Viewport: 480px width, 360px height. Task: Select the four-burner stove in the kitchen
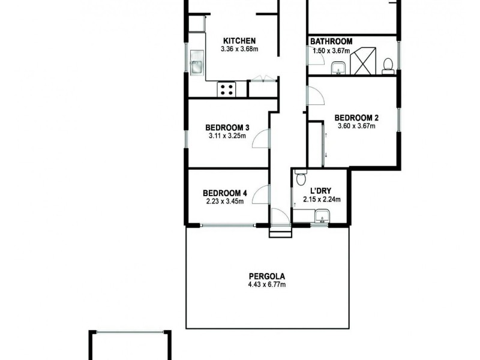[x=227, y=89]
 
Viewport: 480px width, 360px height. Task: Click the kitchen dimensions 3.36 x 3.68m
[x=239, y=49]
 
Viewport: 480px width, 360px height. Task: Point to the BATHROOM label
[x=331, y=41]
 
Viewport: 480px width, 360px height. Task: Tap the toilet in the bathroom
[x=388, y=64]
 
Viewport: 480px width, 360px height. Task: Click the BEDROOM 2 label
[x=356, y=118]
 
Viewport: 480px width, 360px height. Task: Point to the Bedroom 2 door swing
[x=315, y=97]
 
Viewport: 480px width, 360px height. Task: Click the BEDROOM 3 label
[x=227, y=127]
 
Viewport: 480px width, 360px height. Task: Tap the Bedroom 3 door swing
[x=261, y=139]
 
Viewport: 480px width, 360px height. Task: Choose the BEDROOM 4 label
[x=224, y=193]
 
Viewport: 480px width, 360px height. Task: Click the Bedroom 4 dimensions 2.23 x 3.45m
[x=224, y=201]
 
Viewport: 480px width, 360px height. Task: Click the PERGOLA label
[x=267, y=277]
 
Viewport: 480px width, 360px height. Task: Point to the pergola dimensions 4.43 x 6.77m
[x=267, y=284]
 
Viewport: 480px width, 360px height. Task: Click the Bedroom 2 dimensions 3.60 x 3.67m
[x=356, y=126]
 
